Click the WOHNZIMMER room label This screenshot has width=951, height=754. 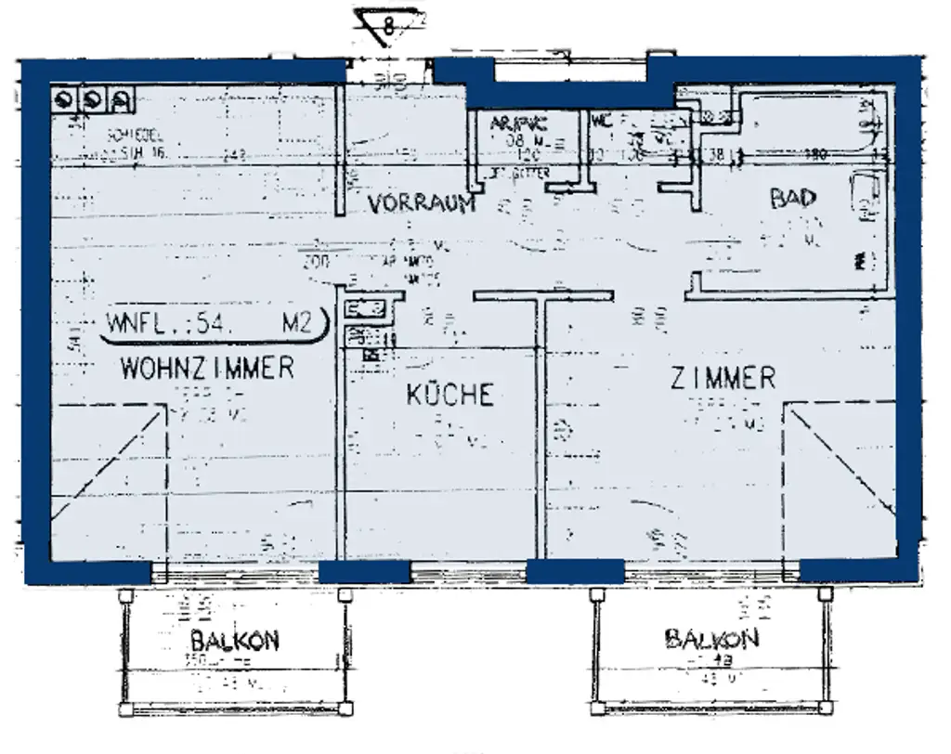click(207, 368)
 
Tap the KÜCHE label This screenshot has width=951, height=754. click(449, 395)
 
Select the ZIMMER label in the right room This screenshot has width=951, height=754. click(723, 378)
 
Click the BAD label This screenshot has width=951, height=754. click(792, 198)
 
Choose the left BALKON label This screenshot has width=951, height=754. click(234, 640)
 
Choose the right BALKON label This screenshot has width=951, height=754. click(711, 638)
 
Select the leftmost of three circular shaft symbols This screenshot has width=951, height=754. click(66, 100)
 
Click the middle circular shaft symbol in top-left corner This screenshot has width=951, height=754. click(93, 100)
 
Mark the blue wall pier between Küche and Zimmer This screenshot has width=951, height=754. click(575, 571)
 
